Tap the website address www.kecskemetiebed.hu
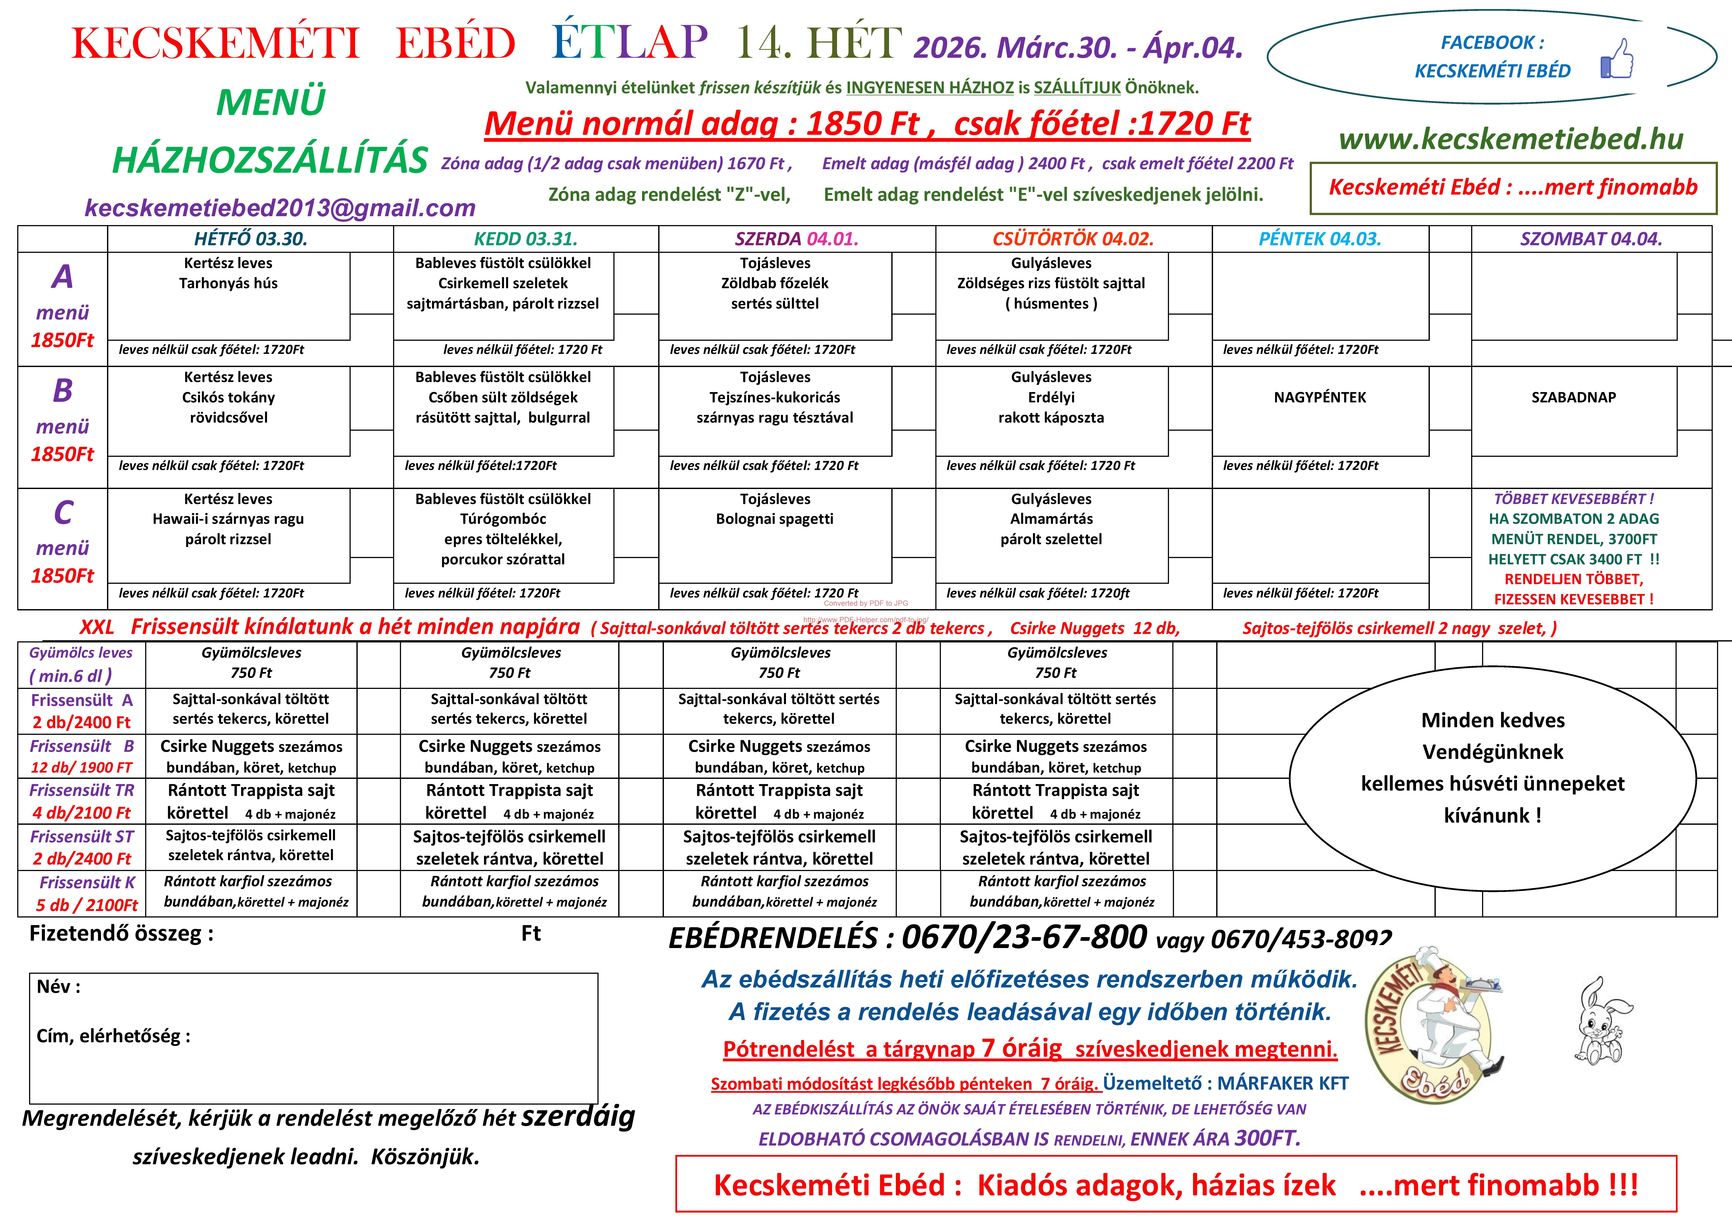click(1511, 139)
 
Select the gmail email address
click(280, 208)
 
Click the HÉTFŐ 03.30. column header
click(250, 239)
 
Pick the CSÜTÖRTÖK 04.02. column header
click(1073, 239)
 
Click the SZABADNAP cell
click(1574, 397)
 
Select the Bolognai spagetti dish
click(775, 519)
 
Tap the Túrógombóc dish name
click(503, 519)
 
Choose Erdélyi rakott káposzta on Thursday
click(1051, 407)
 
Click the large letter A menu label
click(63, 277)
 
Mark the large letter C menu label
click(63, 513)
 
